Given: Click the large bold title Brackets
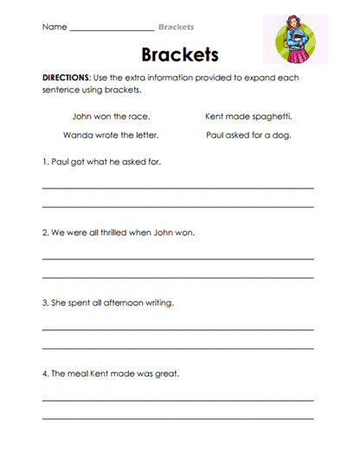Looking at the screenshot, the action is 179,54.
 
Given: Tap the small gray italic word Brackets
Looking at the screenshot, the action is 176,27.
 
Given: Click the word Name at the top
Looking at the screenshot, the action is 54,27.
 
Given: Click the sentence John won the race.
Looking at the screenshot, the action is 111,115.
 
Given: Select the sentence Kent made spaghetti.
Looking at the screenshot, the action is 248,115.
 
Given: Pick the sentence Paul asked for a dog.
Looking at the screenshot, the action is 248,135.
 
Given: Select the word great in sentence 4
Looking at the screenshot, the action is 167,374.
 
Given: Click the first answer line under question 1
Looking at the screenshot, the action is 178,187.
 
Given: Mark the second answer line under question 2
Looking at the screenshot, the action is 178,277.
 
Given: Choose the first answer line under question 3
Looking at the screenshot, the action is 178,329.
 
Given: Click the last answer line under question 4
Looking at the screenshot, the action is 178,418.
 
